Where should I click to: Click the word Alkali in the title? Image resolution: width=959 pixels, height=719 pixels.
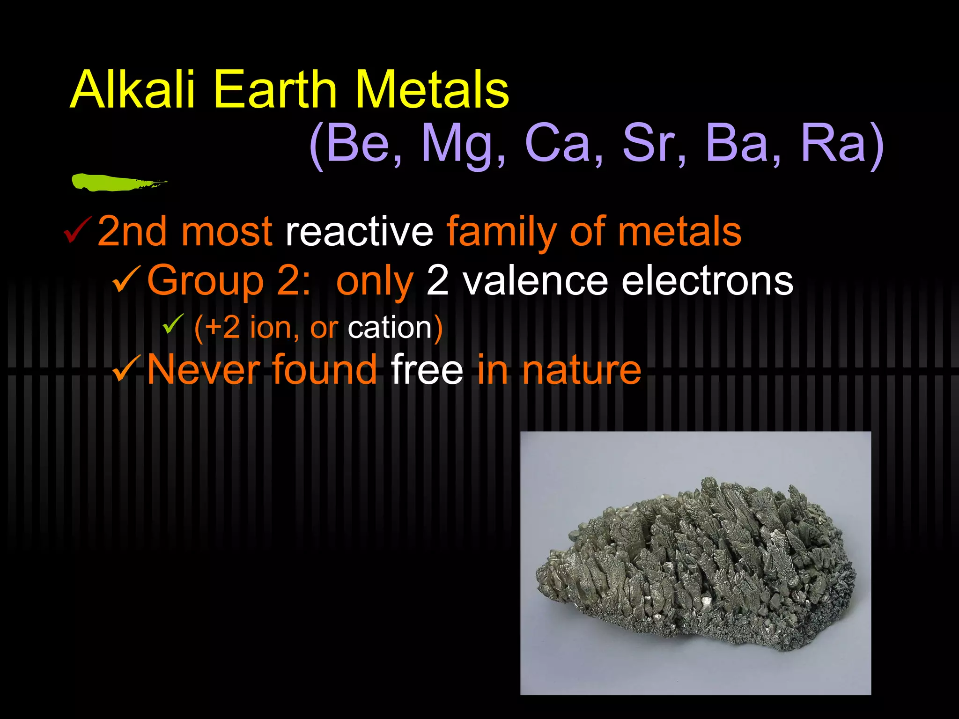pos(133,89)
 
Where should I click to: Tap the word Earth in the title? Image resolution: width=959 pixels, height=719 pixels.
pos(274,89)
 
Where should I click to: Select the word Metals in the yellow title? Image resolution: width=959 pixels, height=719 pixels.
pos(432,89)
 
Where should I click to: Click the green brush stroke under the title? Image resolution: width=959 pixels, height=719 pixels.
pos(112,182)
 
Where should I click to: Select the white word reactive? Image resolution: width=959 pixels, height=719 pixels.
pos(359,231)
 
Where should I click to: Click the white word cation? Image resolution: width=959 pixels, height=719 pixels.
pos(390,328)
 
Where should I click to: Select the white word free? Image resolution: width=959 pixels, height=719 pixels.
pos(427,370)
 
